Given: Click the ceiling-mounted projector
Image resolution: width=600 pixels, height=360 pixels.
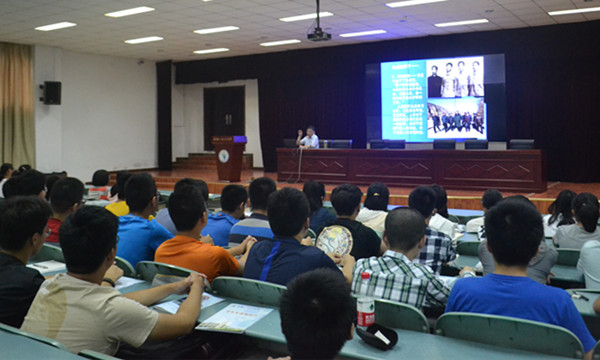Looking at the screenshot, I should click(318, 33).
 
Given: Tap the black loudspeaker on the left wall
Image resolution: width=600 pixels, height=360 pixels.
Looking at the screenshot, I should click(51, 93).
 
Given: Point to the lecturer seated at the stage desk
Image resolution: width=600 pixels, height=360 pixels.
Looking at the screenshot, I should click(310, 138).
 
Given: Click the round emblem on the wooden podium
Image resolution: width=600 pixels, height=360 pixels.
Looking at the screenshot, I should click(224, 156).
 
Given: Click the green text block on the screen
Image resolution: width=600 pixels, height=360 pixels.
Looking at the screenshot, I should click(404, 100).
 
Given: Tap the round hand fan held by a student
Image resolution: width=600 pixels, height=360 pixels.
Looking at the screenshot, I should click(335, 241).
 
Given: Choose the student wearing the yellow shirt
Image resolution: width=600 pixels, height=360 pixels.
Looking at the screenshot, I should click(119, 207).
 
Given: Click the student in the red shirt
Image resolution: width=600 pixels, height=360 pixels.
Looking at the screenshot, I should click(54, 229).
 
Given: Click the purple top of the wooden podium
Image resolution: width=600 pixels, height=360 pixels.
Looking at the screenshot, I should click(229, 140).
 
